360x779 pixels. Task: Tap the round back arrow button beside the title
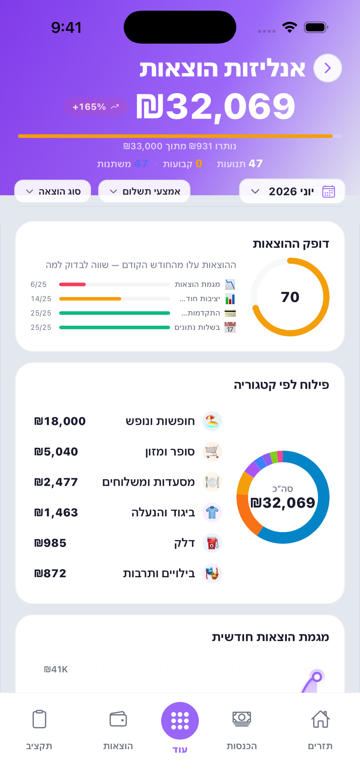tap(327, 68)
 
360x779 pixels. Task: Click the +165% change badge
tap(96, 107)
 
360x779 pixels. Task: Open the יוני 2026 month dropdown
tap(292, 191)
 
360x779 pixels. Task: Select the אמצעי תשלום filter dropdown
tap(144, 191)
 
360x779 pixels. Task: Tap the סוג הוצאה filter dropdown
tap(53, 191)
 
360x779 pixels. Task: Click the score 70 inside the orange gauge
tap(290, 297)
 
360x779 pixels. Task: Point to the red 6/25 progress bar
tap(72, 284)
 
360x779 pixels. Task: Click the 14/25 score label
tap(41, 299)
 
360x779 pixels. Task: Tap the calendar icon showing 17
tap(230, 327)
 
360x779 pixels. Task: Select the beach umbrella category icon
tap(212, 421)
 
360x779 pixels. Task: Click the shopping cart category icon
tap(212, 452)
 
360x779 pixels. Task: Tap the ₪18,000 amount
tap(60, 421)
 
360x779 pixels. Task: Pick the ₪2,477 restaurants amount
tap(56, 482)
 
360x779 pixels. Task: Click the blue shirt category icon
tap(212, 513)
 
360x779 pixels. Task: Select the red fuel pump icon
tap(212, 543)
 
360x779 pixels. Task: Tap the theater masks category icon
tap(212, 573)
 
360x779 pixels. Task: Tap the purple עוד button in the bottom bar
tap(180, 721)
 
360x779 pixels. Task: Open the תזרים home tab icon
tap(320, 719)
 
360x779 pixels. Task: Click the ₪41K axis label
tap(56, 669)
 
